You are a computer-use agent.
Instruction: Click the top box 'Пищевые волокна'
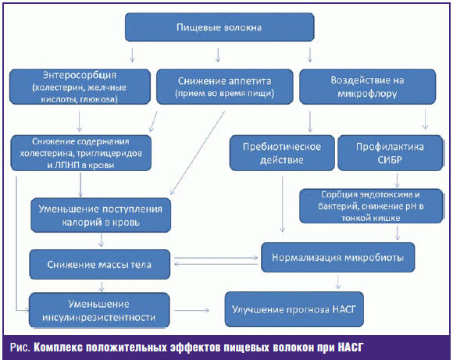219,27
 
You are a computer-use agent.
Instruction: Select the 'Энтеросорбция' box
80,87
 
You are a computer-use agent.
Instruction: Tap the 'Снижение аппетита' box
224,87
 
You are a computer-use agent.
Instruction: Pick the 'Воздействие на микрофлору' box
368,87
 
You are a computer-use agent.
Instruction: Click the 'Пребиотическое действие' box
282,153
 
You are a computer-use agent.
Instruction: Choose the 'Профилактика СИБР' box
390,153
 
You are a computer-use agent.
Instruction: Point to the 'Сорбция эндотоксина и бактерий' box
371,206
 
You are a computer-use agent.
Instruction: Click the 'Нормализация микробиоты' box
337,258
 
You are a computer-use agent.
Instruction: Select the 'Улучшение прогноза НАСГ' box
294,309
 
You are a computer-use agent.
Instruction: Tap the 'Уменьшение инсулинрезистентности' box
99,310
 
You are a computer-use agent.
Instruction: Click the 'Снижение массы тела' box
100,265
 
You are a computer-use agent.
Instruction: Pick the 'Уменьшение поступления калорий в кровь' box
101,216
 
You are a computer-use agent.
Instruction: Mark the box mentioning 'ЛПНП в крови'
81,153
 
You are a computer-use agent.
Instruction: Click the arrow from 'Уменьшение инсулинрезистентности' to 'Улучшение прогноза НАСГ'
191,310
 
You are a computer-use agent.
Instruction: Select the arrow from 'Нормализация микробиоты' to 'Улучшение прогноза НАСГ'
337,281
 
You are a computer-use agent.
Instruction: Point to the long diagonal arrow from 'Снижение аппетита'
198,153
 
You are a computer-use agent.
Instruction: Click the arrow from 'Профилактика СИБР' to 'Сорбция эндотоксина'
398,180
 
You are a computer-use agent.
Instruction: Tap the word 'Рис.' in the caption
20,347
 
